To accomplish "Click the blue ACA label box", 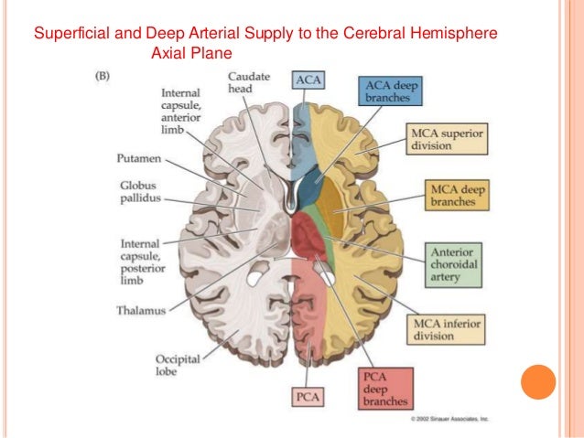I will tap(308, 80).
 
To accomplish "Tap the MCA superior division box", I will tap(449, 139).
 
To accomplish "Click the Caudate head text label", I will tap(248, 82).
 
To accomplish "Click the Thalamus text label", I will tap(141, 310).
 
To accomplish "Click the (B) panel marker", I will tap(106, 79).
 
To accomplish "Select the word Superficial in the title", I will tap(69, 34).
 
